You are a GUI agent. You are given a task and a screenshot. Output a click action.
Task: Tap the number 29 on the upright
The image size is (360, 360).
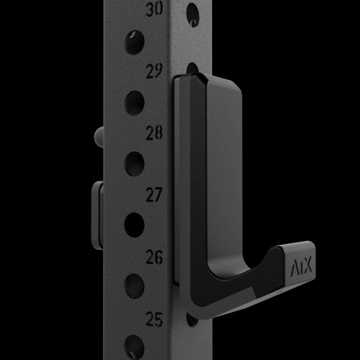coord(154,71)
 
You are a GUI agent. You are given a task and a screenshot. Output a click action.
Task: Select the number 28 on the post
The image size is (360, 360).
coord(154,133)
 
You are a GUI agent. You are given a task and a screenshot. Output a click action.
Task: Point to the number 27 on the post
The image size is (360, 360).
coord(154,194)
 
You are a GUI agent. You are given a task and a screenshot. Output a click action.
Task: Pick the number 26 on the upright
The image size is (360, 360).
coord(154,257)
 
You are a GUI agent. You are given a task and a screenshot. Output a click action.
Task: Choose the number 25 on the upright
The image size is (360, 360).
coord(154,319)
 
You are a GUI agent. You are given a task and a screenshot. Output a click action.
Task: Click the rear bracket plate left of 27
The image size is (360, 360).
coord(96,209)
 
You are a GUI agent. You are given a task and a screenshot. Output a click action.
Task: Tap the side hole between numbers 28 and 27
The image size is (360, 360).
coord(133,162)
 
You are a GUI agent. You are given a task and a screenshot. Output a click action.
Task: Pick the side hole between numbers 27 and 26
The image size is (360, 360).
coord(133,224)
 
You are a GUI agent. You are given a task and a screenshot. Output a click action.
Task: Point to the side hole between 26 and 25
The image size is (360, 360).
coord(133,287)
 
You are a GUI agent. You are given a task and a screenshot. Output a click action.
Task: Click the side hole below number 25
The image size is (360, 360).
coord(133,346)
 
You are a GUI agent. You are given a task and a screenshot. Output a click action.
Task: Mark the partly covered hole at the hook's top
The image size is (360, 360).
coord(192,69)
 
